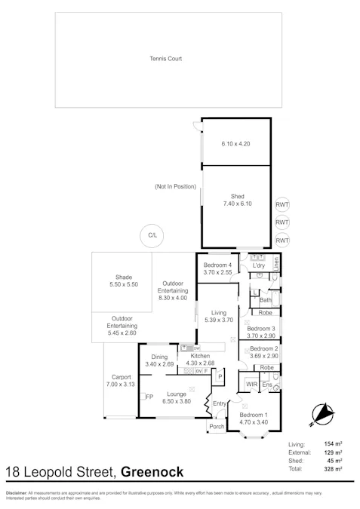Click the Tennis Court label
pos(165,58)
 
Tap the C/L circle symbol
pos(152,236)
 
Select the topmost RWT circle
pos(282,205)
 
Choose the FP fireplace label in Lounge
pos(149,397)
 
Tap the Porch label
pos(216,426)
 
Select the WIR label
pos(251,385)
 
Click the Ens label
pos(266,385)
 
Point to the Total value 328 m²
pos(333,468)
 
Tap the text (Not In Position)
pos(175,186)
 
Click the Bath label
pos(265,299)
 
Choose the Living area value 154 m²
pos(333,446)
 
